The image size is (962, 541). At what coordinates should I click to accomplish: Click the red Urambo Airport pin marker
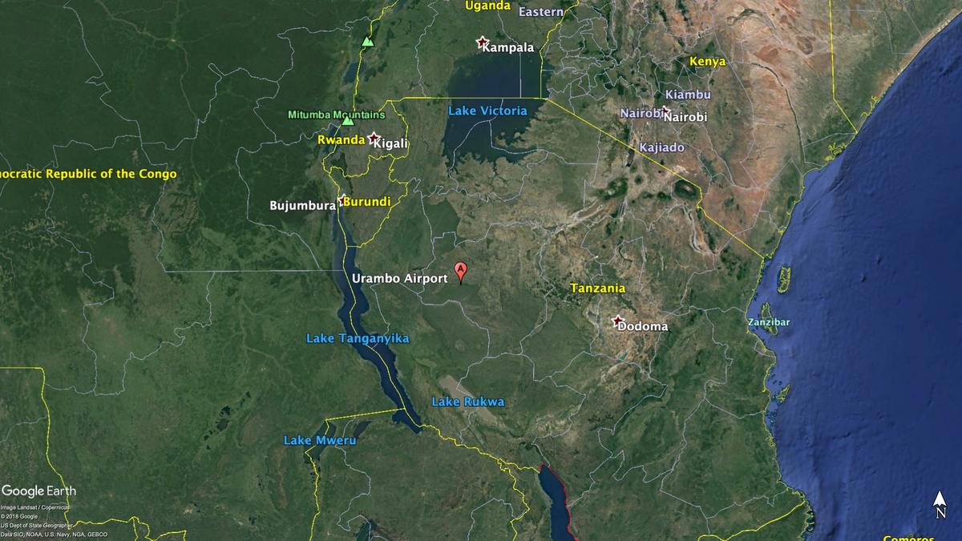pyautogui.click(x=461, y=271)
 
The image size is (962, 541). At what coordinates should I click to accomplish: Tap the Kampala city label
pyautogui.click(x=507, y=47)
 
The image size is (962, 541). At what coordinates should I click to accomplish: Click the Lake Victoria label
pyautogui.click(x=487, y=111)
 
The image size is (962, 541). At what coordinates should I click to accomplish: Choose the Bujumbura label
pyautogui.click(x=302, y=205)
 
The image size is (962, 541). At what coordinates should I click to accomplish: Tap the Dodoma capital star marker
pyautogui.click(x=617, y=321)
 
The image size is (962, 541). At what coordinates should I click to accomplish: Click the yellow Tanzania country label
pyautogui.click(x=597, y=288)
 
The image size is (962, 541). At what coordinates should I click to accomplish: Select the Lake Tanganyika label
pyautogui.click(x=358, y=338)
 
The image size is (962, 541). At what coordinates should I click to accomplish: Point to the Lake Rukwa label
pyautogui.click(x=468, y=402)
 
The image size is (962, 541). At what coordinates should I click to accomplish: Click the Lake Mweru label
pyautogui.click(x=320, y=440)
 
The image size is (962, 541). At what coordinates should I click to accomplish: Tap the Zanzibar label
pyautogui.click(x=769, y=322)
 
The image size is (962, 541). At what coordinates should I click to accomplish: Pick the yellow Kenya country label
pyautogui.click(x=707, y=61)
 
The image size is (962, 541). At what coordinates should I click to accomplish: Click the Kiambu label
pyautogui.click(x=688, y=95)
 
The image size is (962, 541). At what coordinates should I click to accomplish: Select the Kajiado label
pyautogui.click(x=661, y=147)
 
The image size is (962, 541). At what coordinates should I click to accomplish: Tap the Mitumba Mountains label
pyautogui.click(x=336, y=115)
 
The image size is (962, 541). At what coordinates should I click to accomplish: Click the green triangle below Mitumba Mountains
pyautogui.click(x=348, y=121)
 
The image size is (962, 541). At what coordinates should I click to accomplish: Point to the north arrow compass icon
pyautogui.click(x=940, y=505)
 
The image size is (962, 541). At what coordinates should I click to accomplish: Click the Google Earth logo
pyautogui.click(x=39, y=491)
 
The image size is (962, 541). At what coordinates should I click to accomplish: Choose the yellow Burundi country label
pyautogui.click(x=368, y=201)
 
